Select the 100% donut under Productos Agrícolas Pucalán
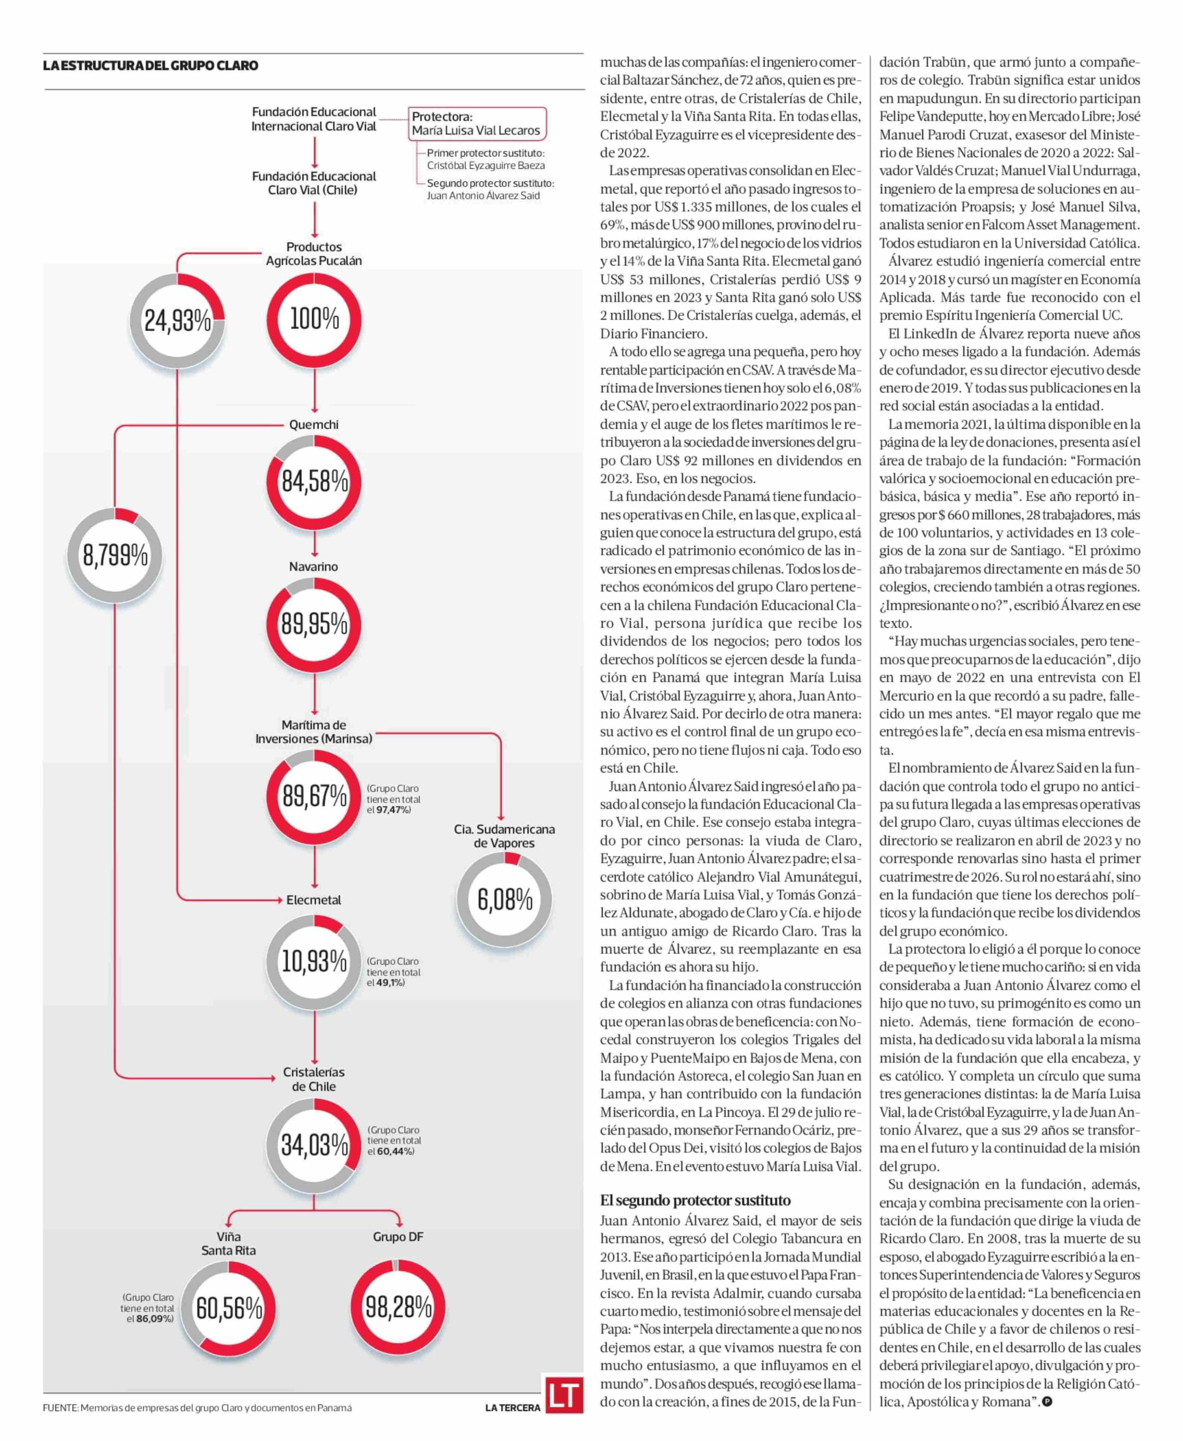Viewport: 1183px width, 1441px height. point(314,319)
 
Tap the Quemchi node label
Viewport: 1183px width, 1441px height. point(314,424)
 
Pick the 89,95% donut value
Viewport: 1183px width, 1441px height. point(314,624)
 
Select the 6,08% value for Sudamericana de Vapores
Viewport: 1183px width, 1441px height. point(504,900)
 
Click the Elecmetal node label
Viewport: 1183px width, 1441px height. point(314,900)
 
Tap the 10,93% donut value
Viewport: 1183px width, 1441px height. point(314,961)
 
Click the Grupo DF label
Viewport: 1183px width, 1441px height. point(398,1237)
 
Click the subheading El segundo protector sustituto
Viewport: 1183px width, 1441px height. point(695,1201)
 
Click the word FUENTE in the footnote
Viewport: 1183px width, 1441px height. point(60,1408)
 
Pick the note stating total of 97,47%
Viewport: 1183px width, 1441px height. point(394,799)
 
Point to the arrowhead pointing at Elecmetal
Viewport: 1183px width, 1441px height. point(279,900)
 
